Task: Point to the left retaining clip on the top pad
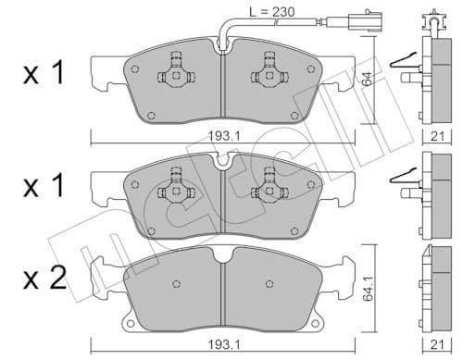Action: coord(174,68)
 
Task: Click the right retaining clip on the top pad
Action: coord(270,68)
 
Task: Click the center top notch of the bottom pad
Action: coord(222,255)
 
